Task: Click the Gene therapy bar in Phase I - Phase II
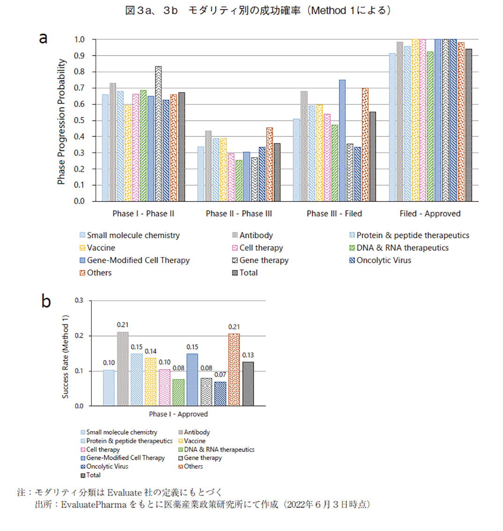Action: (x=158, y=134)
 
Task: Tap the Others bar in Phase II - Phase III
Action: (x=269, y=164)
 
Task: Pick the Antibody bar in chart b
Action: (x=122, y=369)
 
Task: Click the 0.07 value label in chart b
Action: (x=220, y=375)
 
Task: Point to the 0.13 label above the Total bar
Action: (x=248, y=355)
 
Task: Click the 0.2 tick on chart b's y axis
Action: (x=80, y=336)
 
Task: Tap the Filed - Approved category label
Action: (x=430, y=214)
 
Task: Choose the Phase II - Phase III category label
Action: (x=239, y=214)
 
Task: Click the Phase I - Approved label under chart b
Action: (x=178, y=414)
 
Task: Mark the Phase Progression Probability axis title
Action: (x=61, y=122)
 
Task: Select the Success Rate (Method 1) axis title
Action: (x=66, y=357)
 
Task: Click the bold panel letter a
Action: (x=43, y=38)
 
